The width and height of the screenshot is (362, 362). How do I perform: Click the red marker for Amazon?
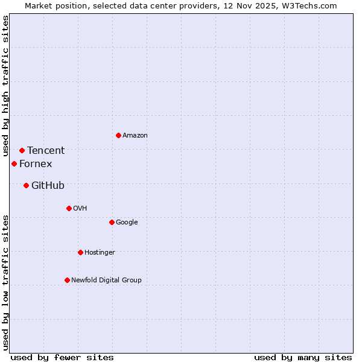(118, 135)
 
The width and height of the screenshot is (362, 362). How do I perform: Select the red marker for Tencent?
(22, 150)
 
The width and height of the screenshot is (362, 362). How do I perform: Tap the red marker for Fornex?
(14, 164)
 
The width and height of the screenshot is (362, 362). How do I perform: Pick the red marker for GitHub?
(26, 185)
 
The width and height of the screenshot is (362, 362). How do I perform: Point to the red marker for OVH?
(69, 208)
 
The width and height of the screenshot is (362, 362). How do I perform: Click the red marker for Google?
(112, 222)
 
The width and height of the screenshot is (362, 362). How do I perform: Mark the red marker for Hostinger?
(80, 252)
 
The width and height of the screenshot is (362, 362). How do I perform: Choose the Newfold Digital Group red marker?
(67, 280)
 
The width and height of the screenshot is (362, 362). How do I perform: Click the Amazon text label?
(135, 136)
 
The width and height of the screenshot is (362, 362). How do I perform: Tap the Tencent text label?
(46, 151)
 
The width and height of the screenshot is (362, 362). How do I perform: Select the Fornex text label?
(36, 164)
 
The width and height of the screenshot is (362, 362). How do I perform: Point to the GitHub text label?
(48, 186)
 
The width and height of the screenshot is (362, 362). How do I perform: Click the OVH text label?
(80, 209)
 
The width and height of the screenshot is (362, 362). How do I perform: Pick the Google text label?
(127, 223)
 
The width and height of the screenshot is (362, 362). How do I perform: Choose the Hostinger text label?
(100, 253)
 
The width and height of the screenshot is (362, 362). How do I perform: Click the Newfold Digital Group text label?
(106, 281)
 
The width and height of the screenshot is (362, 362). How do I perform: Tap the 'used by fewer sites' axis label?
(62, 357)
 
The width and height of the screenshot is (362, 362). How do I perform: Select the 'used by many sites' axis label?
(303, 357)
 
